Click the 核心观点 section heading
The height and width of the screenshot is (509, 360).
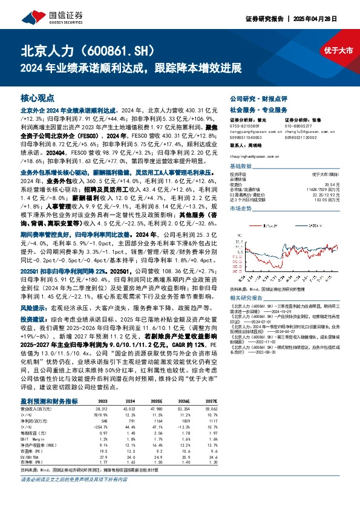tap(37, 97)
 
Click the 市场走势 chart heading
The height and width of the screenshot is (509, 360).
tap(240, 209)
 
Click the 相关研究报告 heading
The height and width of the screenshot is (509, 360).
tap(248, 299)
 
